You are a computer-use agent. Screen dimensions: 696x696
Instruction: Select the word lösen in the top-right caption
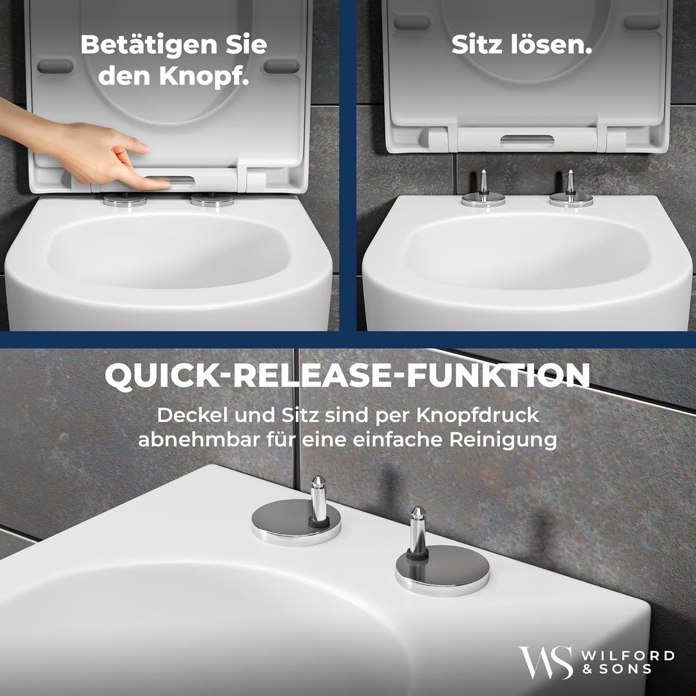554,45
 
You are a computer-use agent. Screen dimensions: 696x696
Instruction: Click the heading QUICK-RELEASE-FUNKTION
347,376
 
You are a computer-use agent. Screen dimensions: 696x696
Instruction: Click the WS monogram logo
545,662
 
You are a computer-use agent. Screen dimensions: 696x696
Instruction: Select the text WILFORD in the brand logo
628,656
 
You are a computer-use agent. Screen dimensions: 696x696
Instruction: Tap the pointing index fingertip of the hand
166,184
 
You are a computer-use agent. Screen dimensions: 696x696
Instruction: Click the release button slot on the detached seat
527,140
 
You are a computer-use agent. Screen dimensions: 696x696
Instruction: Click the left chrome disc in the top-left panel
125,200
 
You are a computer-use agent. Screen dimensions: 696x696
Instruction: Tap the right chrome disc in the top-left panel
213,200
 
